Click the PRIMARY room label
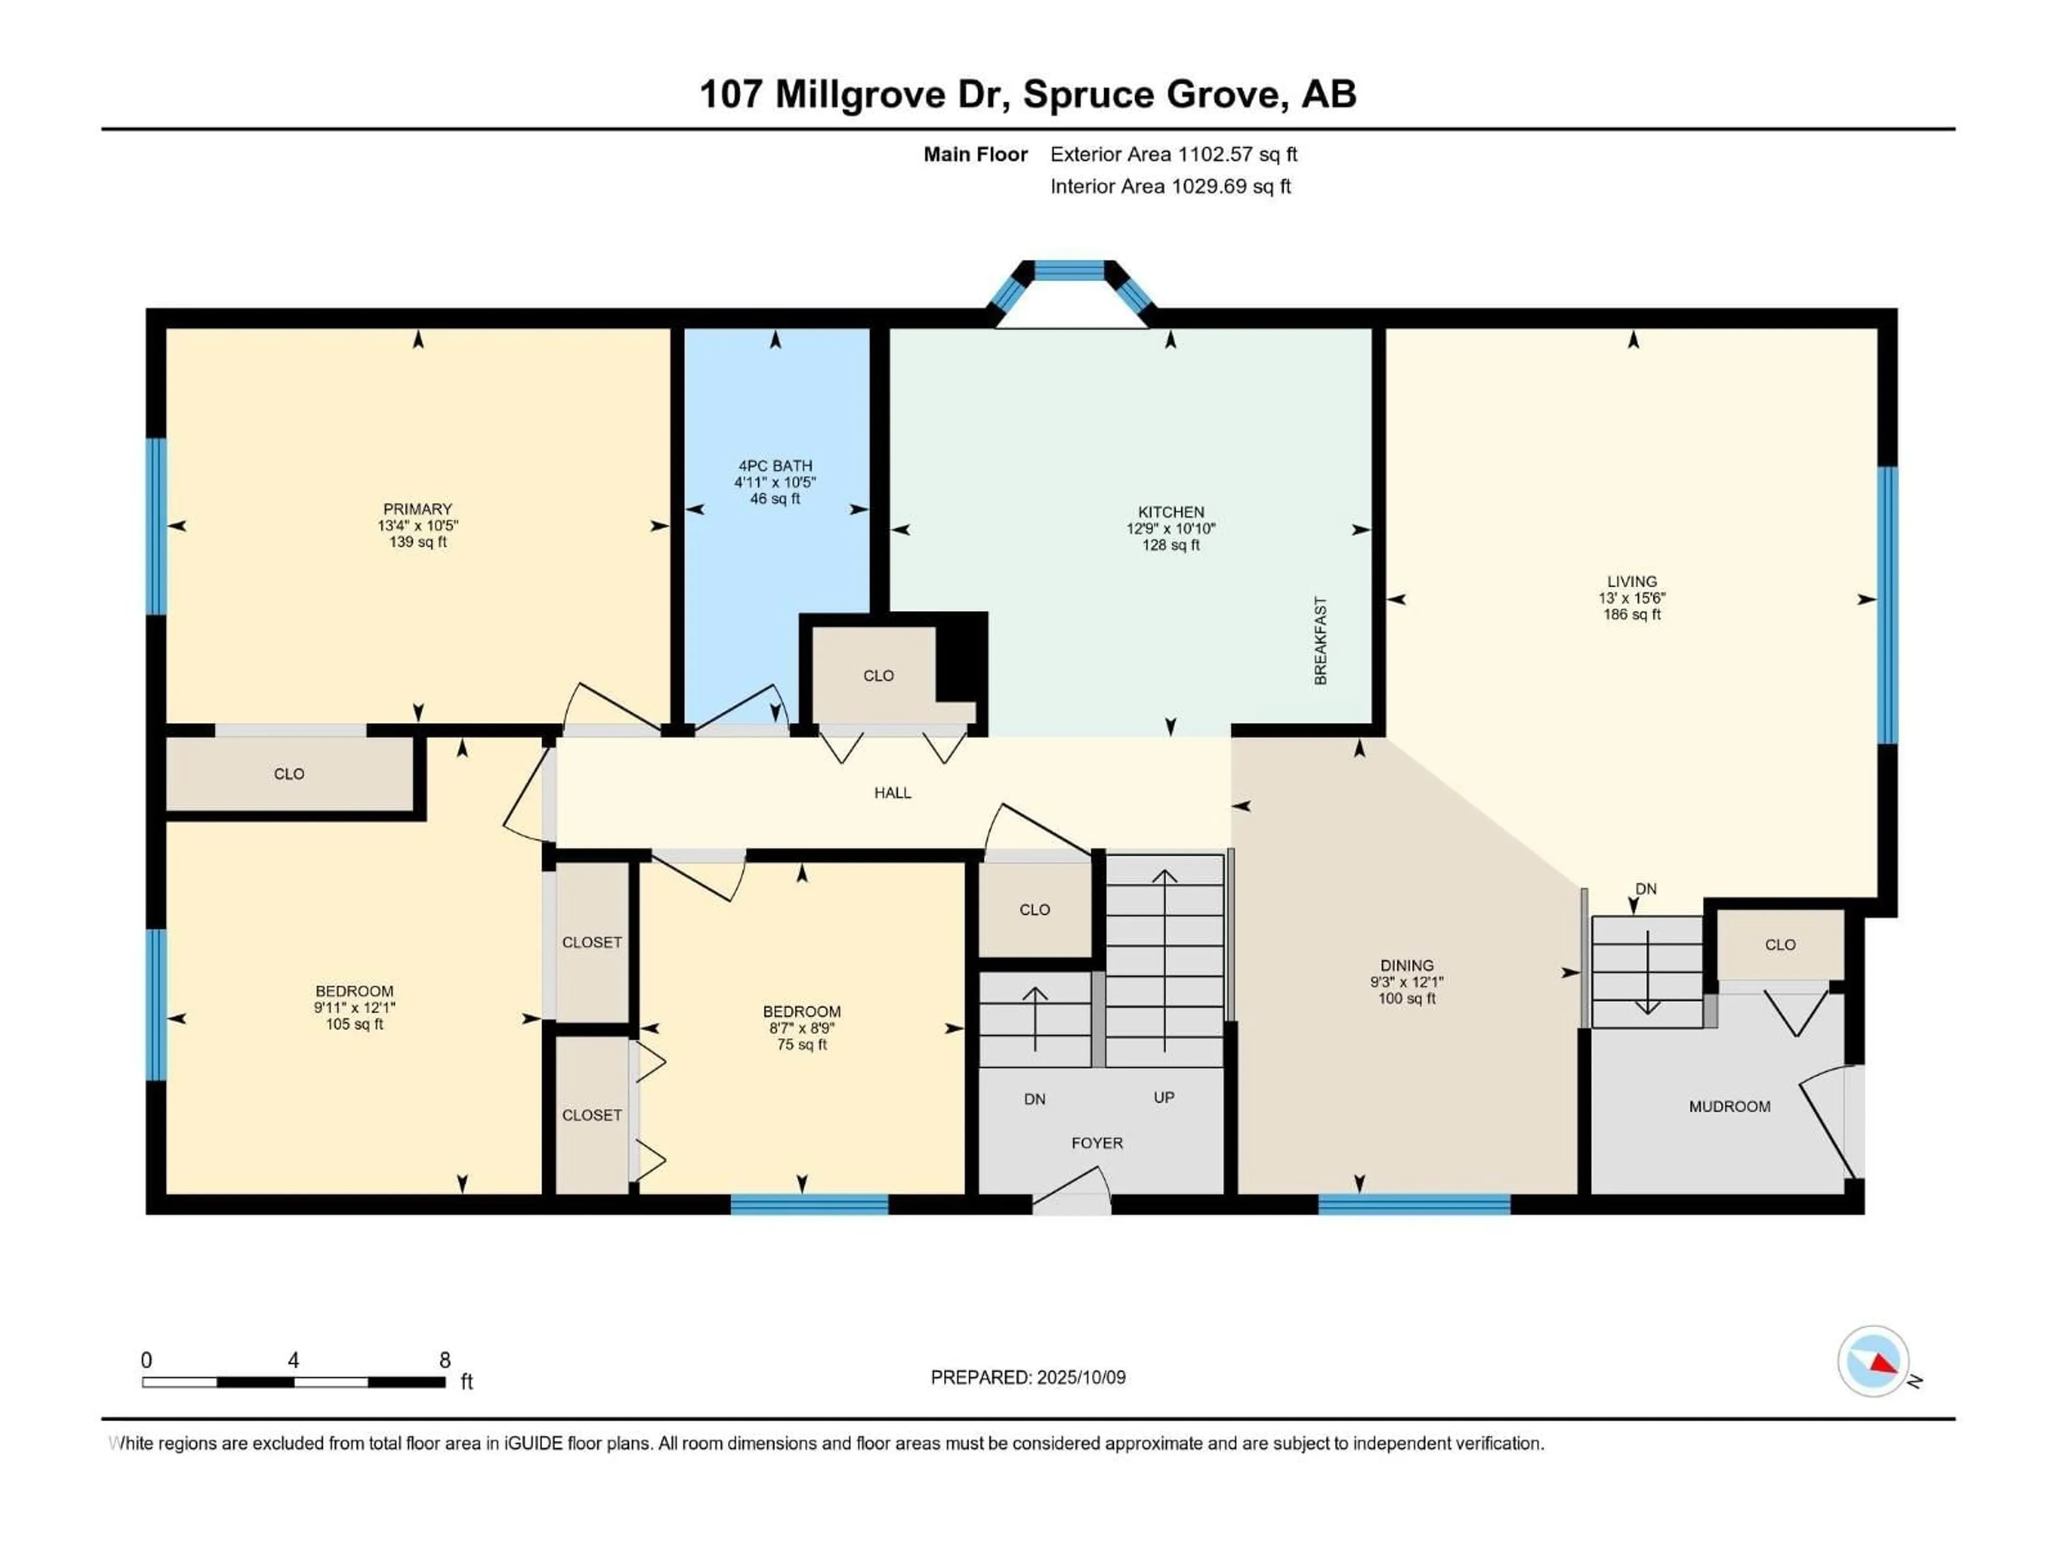coord(417,509)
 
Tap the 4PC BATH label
coord(775,465)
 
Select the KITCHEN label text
coord(1170,512)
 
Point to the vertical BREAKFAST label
coord(1320,641)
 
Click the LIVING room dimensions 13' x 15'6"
coord(1632,598)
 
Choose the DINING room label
coord(1407,965)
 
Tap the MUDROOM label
coord(1729,1107)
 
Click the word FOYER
coord(1097,1143)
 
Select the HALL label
coord(892,793)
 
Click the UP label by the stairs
coord(1164,1097)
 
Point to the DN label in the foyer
coord(1034,1099)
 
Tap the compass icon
coord(1874,1361)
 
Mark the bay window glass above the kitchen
coord(1070,271)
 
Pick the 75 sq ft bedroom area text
coord(801,1044)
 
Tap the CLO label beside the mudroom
coord(1780,945)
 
